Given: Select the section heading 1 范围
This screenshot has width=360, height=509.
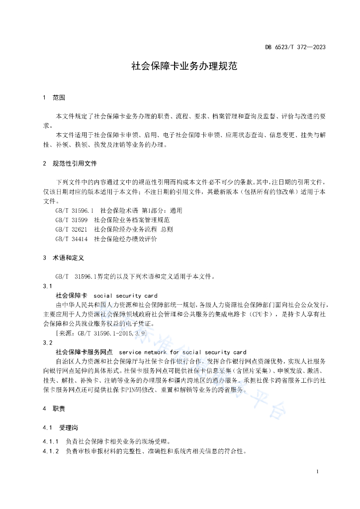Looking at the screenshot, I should point(54,97).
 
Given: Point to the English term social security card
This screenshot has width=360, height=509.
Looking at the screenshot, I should point(125,296).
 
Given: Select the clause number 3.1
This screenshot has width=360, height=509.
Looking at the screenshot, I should point(48,286).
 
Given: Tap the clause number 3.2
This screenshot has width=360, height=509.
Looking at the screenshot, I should point(48,343).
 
